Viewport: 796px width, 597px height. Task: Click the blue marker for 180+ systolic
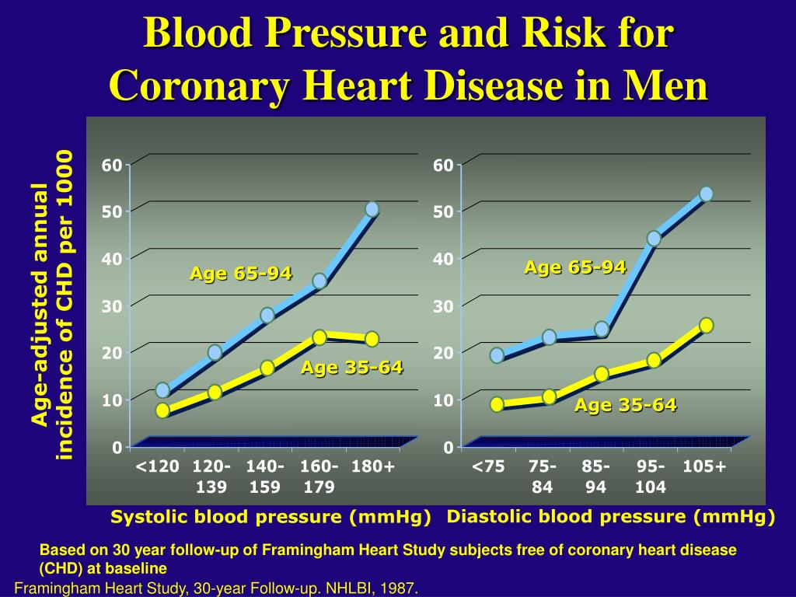(372, 209)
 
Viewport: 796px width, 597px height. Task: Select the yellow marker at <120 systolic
(162, 410)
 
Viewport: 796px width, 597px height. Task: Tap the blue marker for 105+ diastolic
(706, 194)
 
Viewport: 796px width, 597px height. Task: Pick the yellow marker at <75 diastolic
(497, 404)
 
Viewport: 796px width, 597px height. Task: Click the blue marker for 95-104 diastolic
(654, 238)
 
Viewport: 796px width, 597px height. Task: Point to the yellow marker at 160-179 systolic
(319, 337)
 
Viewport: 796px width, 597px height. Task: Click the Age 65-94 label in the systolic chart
(241, 274)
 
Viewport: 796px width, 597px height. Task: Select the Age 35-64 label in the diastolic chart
(625, 405)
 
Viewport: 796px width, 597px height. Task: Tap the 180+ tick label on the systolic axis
(373, 466)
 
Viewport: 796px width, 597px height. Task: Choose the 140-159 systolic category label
(265, 477)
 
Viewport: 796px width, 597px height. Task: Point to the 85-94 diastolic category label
(595, 477)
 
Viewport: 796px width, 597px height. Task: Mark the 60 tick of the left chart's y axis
(112, 166)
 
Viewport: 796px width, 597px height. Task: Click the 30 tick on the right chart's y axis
(443, 306)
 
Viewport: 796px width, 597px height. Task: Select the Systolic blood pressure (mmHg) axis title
(271, 517)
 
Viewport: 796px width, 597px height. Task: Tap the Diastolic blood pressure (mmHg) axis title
(611, 516)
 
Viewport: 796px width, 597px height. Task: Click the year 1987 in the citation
(402, 588)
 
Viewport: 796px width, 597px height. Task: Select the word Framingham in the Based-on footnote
(299, 550)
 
